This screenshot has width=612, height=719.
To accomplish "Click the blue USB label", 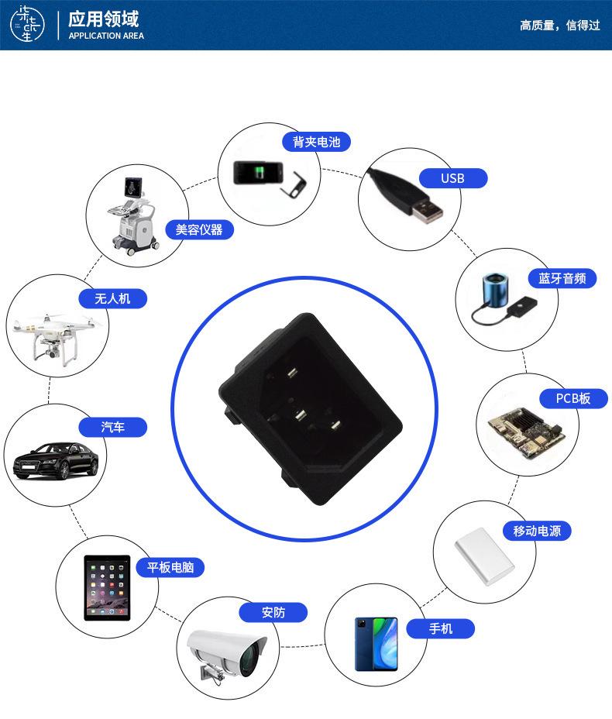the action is point(452,178).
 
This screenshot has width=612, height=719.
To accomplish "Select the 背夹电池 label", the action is point(316,142).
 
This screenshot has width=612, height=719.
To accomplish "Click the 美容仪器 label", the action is point(199,229).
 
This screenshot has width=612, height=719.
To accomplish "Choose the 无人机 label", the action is point(112,298).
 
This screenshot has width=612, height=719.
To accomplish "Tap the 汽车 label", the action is point(112,427).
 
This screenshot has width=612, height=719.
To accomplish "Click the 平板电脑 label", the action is point(170,567).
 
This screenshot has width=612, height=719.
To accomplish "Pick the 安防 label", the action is point(273,612).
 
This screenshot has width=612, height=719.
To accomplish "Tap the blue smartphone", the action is point(376,644).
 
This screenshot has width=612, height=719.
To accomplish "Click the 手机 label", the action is point(441,628).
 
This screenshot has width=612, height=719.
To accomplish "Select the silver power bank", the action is point(484,557).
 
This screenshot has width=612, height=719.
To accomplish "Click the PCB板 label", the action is point(573,398).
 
